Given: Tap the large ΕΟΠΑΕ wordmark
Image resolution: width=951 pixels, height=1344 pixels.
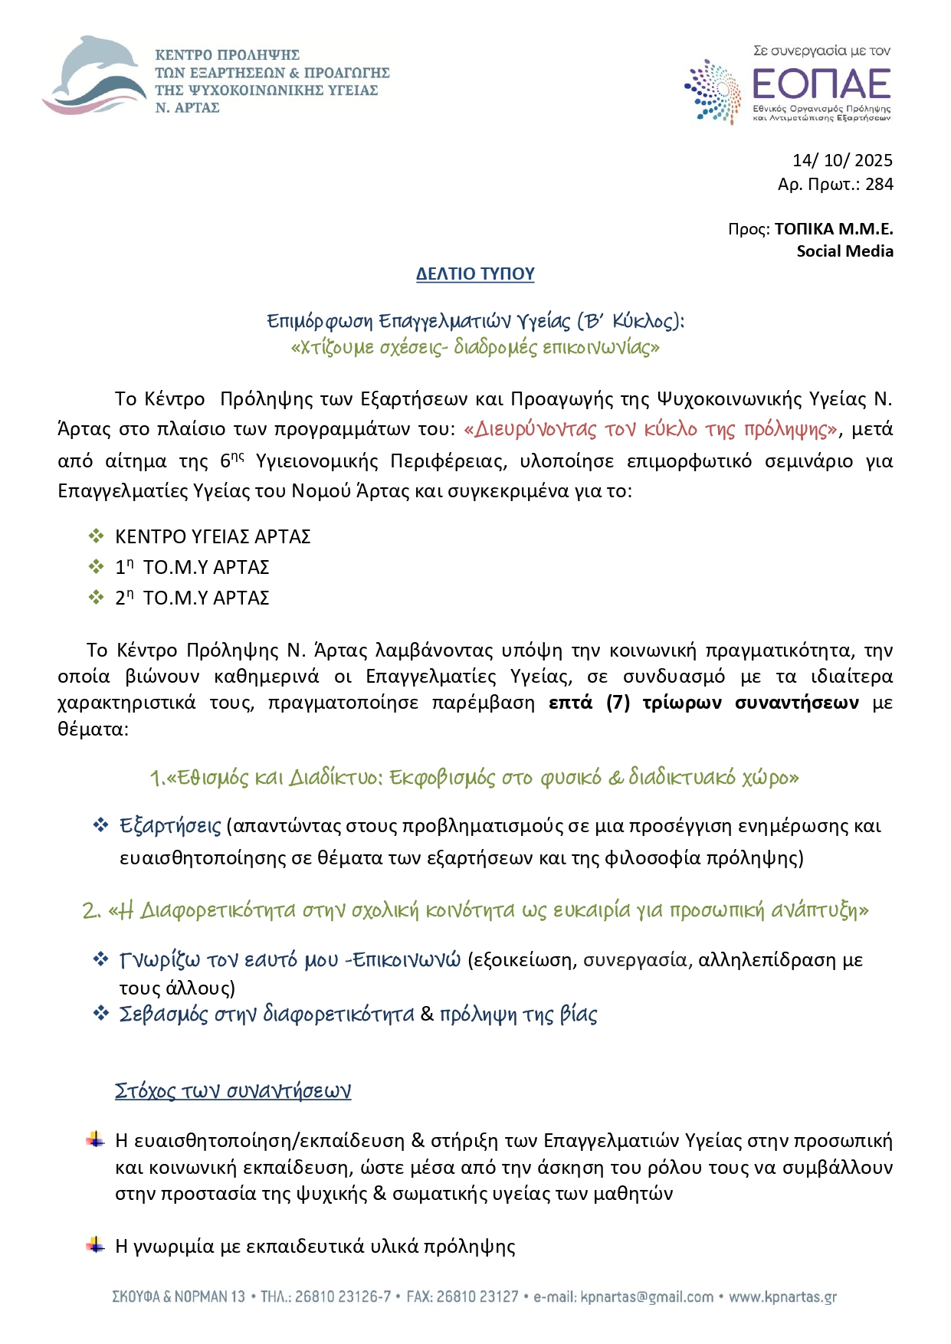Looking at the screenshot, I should [821, 84].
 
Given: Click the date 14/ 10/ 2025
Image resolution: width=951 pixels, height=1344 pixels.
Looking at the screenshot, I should [842, 160].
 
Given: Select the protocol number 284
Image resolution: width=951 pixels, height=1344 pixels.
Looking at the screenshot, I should [879, 184].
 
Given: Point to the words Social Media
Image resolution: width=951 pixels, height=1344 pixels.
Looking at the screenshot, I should [844, 251].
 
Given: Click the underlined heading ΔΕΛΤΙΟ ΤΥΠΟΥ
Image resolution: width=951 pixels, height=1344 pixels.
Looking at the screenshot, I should [475, 274].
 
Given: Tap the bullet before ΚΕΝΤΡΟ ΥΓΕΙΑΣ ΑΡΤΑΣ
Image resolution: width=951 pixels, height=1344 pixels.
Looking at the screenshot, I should [96, 536].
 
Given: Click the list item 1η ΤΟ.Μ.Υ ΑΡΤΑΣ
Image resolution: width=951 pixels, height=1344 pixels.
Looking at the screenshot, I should [192, 567].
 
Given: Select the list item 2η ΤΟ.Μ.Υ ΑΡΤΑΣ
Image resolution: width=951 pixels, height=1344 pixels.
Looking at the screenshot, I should [192, 598].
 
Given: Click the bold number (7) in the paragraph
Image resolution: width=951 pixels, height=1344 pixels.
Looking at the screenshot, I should [618, 703].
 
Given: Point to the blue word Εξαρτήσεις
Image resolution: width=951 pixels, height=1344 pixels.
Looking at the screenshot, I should [170, 826].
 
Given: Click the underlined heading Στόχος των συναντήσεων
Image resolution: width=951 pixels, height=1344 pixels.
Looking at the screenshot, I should [233, 1090].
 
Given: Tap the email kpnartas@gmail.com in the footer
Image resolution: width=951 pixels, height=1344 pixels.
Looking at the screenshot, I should [647, 1297].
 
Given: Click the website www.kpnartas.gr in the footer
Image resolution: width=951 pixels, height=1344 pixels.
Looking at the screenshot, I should [782, 1297].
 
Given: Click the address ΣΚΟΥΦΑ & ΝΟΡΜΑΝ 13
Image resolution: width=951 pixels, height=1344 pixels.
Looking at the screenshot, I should [179, 1297].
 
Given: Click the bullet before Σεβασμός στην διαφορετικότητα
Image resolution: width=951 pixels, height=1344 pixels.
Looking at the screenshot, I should [100, 1013].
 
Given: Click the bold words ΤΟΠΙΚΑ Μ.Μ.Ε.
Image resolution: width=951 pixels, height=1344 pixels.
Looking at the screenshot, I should [834, 229].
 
